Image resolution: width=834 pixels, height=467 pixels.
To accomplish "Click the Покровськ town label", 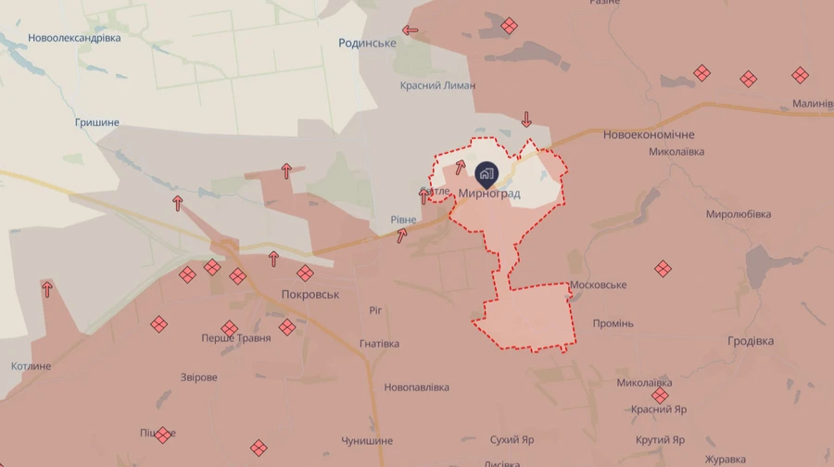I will [310, 294].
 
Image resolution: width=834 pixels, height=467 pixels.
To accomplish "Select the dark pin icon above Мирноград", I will [486, 173].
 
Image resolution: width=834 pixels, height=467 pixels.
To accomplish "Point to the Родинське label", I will [367, 44].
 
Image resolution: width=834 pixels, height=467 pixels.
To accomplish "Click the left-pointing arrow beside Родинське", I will [410, 31].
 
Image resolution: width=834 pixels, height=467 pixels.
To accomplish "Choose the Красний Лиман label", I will [437, 85].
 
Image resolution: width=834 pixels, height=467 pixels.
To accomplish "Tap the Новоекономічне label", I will [648, 134].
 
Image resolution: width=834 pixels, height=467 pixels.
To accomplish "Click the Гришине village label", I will [96, 122].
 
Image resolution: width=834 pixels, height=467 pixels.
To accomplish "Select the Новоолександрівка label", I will [74, 38].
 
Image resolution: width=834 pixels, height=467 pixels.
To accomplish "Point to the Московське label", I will [599, 284].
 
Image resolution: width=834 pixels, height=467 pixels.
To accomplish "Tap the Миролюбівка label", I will [739, 214].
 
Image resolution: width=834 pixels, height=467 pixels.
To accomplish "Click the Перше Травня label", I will [236, 338].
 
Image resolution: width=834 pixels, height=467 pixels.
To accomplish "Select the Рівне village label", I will [403, 219].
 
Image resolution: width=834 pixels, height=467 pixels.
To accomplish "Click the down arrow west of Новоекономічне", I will [526, 119].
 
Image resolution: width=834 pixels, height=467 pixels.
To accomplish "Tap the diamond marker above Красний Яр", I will [661, 396].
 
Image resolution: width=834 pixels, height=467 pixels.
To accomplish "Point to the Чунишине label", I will [367, 441].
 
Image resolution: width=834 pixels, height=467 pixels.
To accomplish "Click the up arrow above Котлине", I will [46, 289].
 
